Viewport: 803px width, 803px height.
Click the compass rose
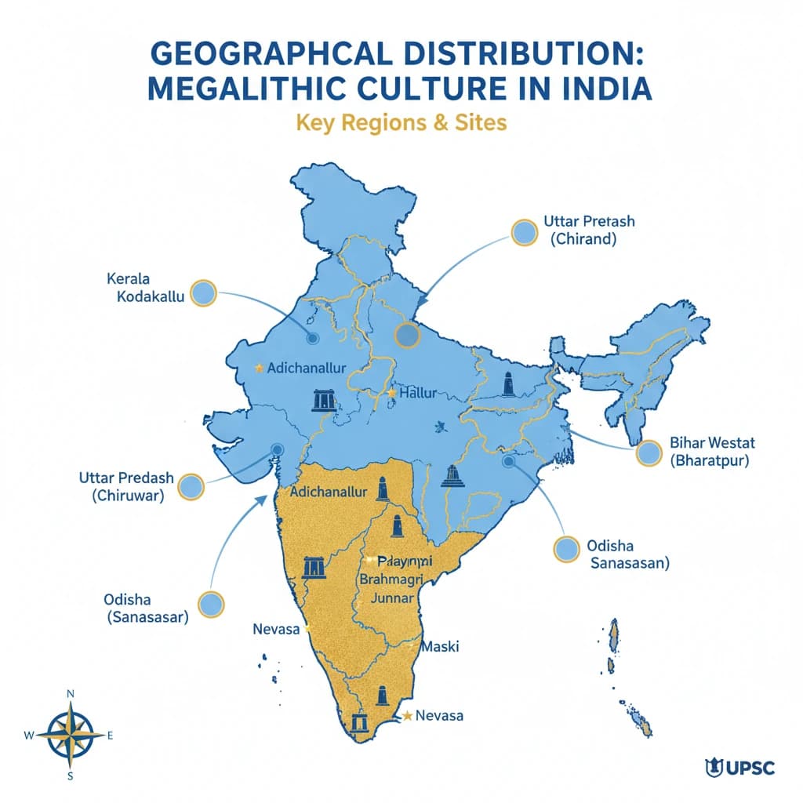point(70,735)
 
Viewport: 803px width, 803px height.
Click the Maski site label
point(439,648)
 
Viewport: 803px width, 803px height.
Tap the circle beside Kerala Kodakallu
point(203,293)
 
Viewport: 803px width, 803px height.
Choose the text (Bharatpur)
point(710,460)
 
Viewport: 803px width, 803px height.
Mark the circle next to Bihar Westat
point(649,453)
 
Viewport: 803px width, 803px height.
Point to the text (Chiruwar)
point(129,495)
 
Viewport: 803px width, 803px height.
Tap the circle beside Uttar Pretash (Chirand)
point(523,231)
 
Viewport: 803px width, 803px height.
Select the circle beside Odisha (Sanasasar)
point(210,604)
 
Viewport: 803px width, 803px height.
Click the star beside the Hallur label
point(391,392)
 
